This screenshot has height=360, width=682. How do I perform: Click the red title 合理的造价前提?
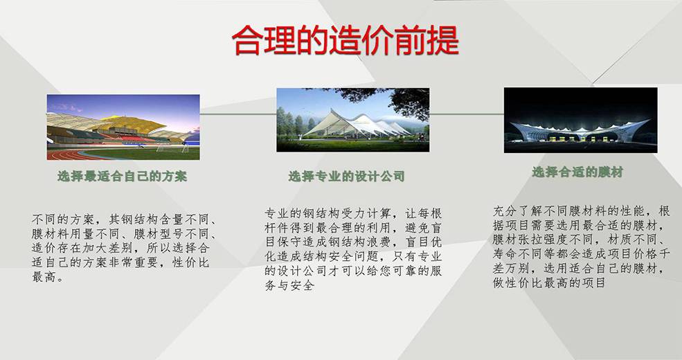pos(346,40)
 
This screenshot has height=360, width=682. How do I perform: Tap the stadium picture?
pos(123,127)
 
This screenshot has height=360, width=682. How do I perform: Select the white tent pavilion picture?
pos(352,120)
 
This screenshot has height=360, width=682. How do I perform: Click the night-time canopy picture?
pos(581,120)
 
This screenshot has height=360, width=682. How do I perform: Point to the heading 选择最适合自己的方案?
pos(123,176)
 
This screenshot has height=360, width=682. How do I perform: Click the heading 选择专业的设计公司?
pos(347,176)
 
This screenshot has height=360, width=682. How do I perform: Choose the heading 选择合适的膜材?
pos(577,172)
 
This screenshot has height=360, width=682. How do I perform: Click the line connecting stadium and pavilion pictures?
pos(238,114)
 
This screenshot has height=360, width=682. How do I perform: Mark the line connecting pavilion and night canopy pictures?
pos(467,114)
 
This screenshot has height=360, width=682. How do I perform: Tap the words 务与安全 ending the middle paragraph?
pos(289,285)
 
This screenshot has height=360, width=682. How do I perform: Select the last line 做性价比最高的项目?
pos(549,283)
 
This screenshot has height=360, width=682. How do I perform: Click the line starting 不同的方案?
pos(125,219)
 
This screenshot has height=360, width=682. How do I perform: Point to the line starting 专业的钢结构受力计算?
pos(353,213)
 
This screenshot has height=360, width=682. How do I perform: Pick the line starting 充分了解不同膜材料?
pos(581,211)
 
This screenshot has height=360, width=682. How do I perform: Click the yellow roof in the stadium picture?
pos(130,122)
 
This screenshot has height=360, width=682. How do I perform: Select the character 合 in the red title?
pos(247,40)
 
